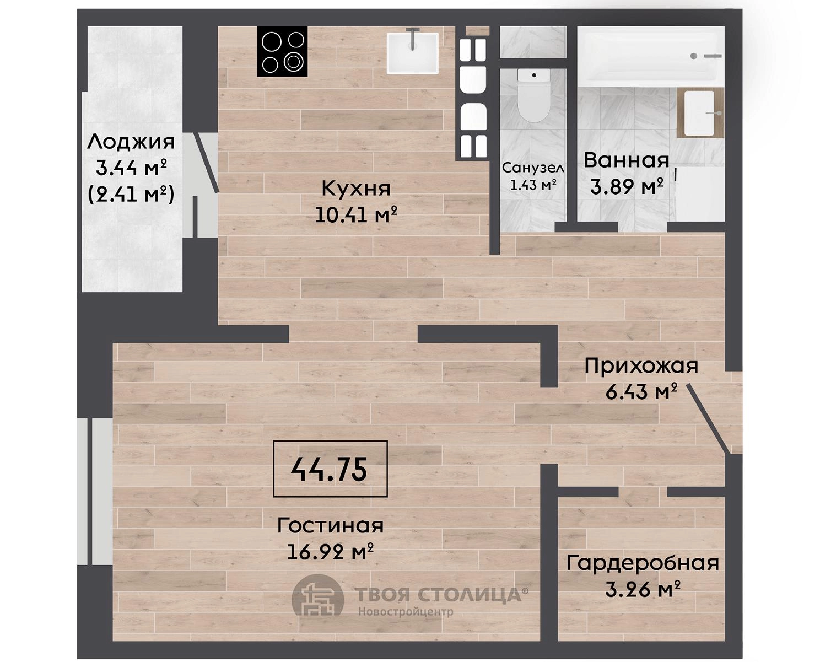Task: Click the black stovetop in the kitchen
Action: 282,51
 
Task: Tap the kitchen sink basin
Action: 412,53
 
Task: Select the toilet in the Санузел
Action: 533,95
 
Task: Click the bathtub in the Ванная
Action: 651,56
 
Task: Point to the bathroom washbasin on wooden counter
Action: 700,113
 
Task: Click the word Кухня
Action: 355,189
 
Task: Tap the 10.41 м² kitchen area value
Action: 355,215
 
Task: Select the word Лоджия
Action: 131,143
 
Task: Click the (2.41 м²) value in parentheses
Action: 131,195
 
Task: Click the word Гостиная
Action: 330,525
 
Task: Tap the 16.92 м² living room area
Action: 330,552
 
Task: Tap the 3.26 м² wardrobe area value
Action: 643,590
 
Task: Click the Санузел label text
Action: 533,168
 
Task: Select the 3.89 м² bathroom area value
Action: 627,187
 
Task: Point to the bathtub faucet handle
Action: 713,56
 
